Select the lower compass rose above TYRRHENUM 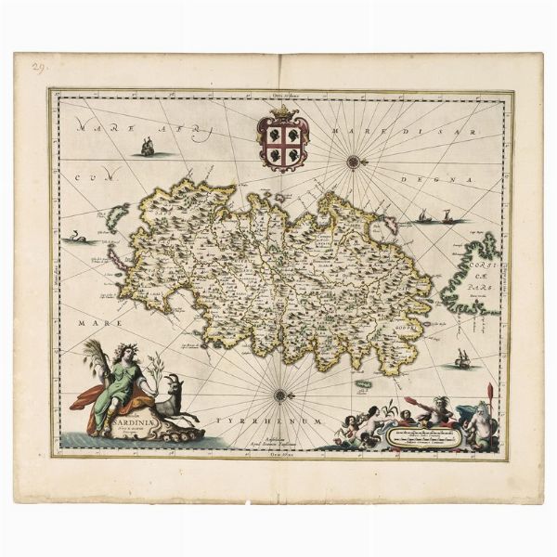279,395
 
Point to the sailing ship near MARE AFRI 146,146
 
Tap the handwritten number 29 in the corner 37,66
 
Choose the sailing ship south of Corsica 461,357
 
